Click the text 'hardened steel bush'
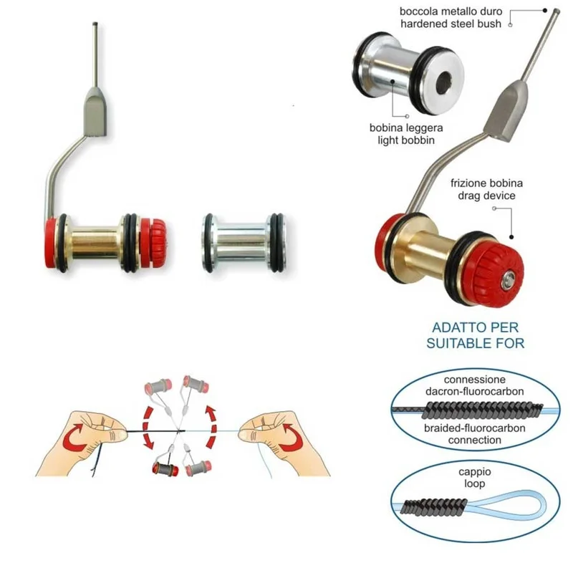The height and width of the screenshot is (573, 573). click(x=451, y=24)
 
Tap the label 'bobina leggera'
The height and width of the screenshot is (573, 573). click(x=406, y=127)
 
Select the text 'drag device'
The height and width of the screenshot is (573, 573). click(x=486, y=196)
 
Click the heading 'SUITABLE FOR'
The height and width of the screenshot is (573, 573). click(x=475, y=343)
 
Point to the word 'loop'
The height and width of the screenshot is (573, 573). click(x=475, y=483)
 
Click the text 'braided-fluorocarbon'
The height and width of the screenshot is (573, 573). click(x=475, y=428)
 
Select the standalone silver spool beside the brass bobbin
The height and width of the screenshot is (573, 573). click(x=244, y=243)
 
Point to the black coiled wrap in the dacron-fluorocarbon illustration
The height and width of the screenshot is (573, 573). click(x=481, y=410)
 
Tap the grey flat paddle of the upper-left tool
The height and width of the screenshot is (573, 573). click(x=95, y=111)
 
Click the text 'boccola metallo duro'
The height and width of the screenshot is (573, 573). click(x=451, y=11)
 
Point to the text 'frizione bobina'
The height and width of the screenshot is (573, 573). click(x=486, y=183)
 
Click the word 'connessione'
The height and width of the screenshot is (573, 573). click(x=475, y=380)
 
